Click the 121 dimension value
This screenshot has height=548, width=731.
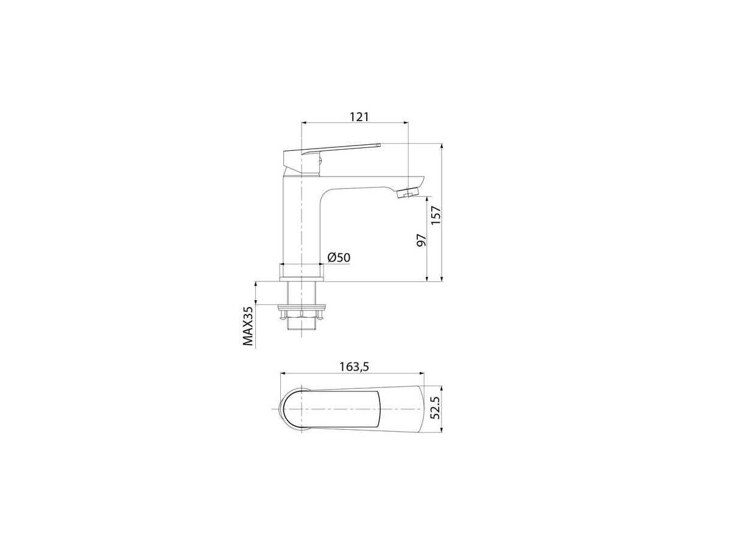pyautogui.click(x=359, y=117)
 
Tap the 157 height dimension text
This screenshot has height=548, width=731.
pyautogui.click(x=436, y=215)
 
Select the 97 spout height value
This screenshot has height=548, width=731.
pyautogui.click(x=422, y=239)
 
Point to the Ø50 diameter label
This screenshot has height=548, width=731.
pyautogui.click(x=339, y=257)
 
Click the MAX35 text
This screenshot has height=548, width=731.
pyautogui.click(x=248, y=326)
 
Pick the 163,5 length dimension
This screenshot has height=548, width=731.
pyautogui.click(x=355, y=367)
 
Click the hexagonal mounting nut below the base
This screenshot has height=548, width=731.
pyautogui.click(x=302, y=314)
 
